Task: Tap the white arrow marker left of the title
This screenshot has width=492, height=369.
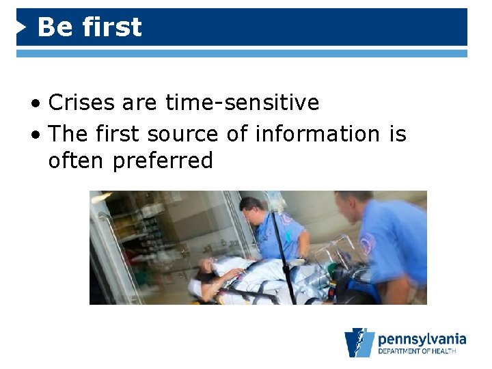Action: [x=22, y=28]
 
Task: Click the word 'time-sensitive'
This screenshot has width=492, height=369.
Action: [x=243, y=102]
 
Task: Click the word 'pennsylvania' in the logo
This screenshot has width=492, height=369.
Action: [x=422, y=339]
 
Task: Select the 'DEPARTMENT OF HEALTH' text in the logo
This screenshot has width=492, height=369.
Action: [x=422, y=352]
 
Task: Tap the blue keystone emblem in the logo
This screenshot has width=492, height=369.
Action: [x=359, y=342]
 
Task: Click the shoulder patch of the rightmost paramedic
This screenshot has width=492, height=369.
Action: [x=368, y=243]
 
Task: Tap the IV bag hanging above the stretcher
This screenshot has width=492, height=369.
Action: [x=277, y=202]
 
